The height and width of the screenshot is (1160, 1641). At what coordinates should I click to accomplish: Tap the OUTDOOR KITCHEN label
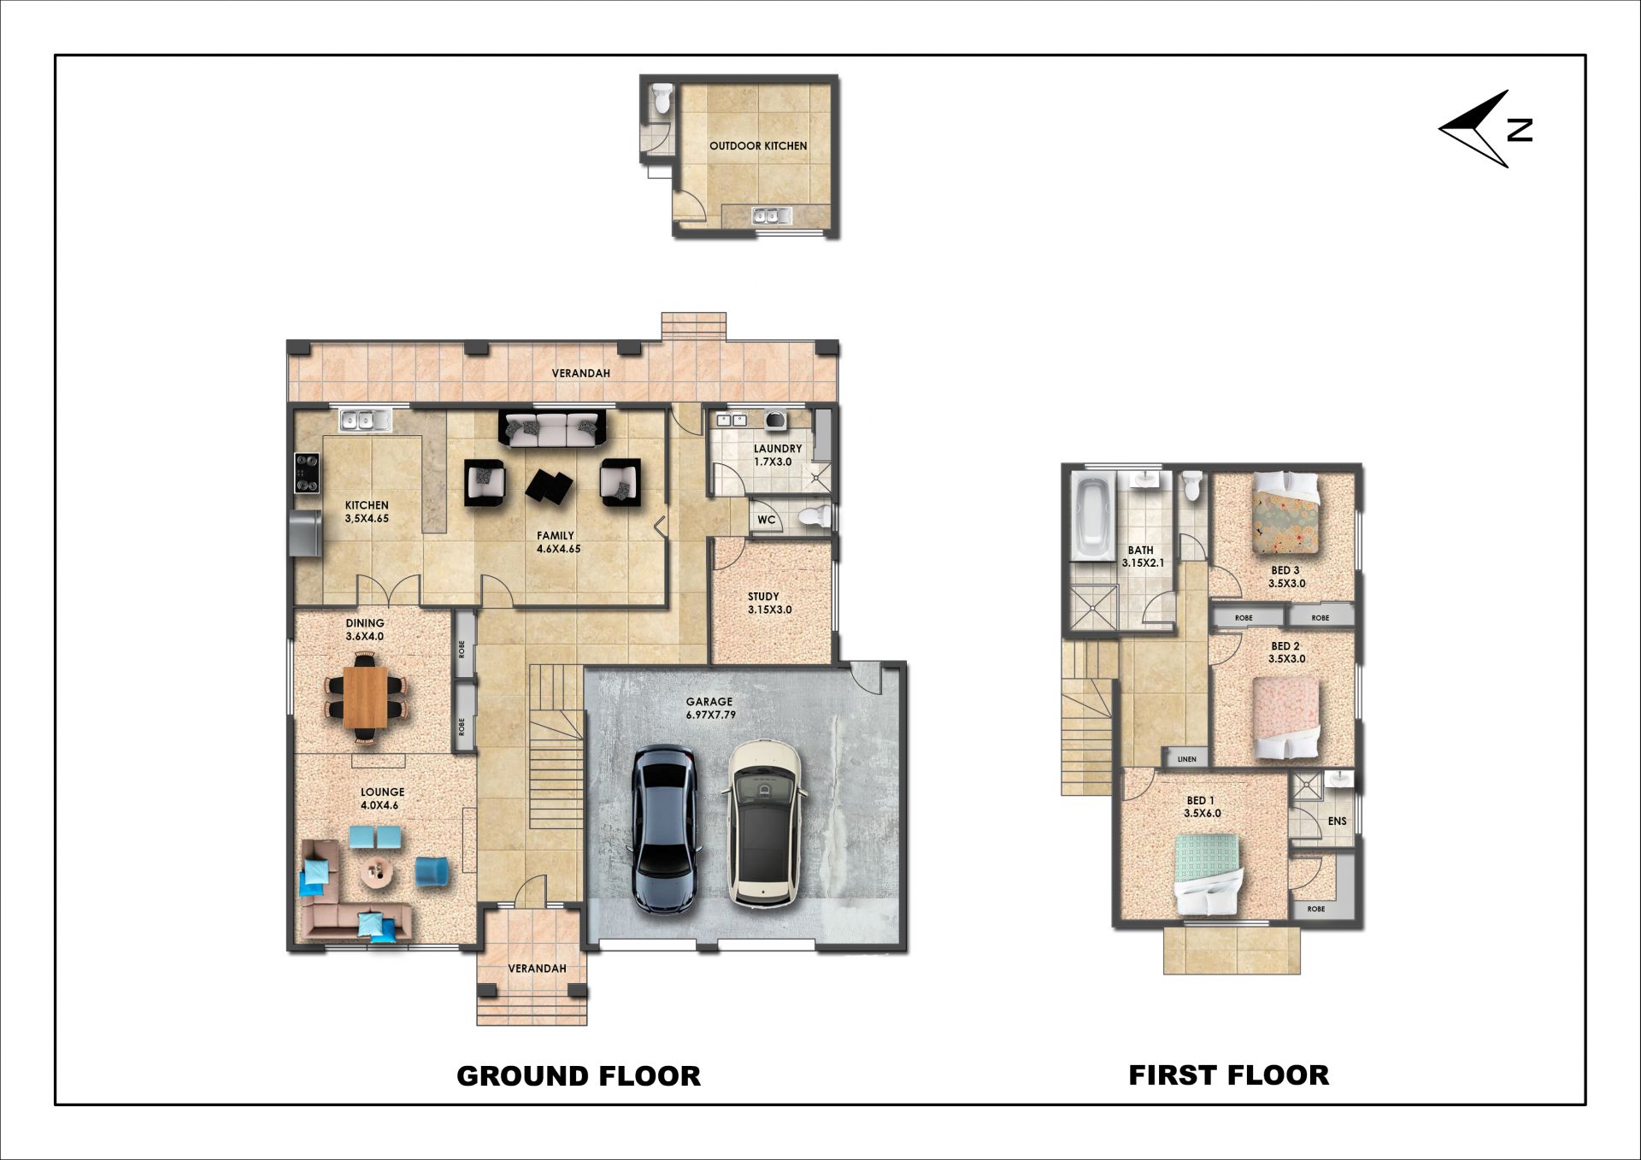click(758, 146)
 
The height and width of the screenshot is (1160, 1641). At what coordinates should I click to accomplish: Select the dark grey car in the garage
click(665, 829)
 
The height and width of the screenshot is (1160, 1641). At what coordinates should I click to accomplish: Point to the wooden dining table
click(365, 696)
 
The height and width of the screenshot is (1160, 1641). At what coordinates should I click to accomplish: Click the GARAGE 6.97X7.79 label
click(710, 708)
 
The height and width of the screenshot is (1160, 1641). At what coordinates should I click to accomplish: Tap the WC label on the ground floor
click(766, 520)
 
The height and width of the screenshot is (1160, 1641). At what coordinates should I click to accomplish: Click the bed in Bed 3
click(1285, 511)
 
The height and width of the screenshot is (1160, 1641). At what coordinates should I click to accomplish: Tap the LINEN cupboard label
click(1186, 759)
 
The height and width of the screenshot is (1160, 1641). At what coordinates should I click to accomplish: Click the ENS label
click(1337, 821)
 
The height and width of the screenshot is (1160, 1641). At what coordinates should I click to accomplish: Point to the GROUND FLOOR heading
click(579, 1075)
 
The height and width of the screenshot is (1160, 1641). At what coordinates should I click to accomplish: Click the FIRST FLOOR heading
click(1229, 1075)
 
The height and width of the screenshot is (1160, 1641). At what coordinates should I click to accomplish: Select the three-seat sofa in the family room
click(552, 429)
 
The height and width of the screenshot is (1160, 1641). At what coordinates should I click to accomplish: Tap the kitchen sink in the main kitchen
click(365, 420)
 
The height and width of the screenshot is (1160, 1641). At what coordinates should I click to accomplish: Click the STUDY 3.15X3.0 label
click(769, 604)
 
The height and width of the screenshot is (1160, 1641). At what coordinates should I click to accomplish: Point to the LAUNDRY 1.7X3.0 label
click(777, 455)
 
